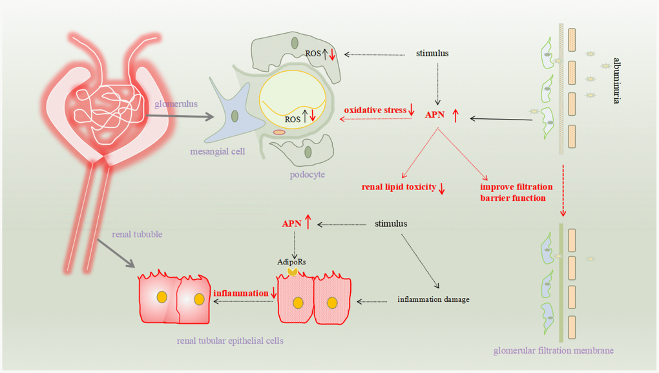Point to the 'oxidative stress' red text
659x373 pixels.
[x=375, y=111]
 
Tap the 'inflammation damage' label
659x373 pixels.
[x=432, y=299]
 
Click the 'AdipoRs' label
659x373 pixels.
[x=293, y=262]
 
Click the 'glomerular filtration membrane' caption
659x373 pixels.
[x=553, y=351]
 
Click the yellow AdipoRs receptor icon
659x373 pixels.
[x=293, y=273]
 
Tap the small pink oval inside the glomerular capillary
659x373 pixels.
[x=279, y=132]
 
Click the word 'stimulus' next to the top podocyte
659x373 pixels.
[x=432, y=53]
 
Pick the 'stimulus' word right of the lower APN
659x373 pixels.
[x=391, y=224]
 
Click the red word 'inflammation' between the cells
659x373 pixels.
[x=240, y=293]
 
